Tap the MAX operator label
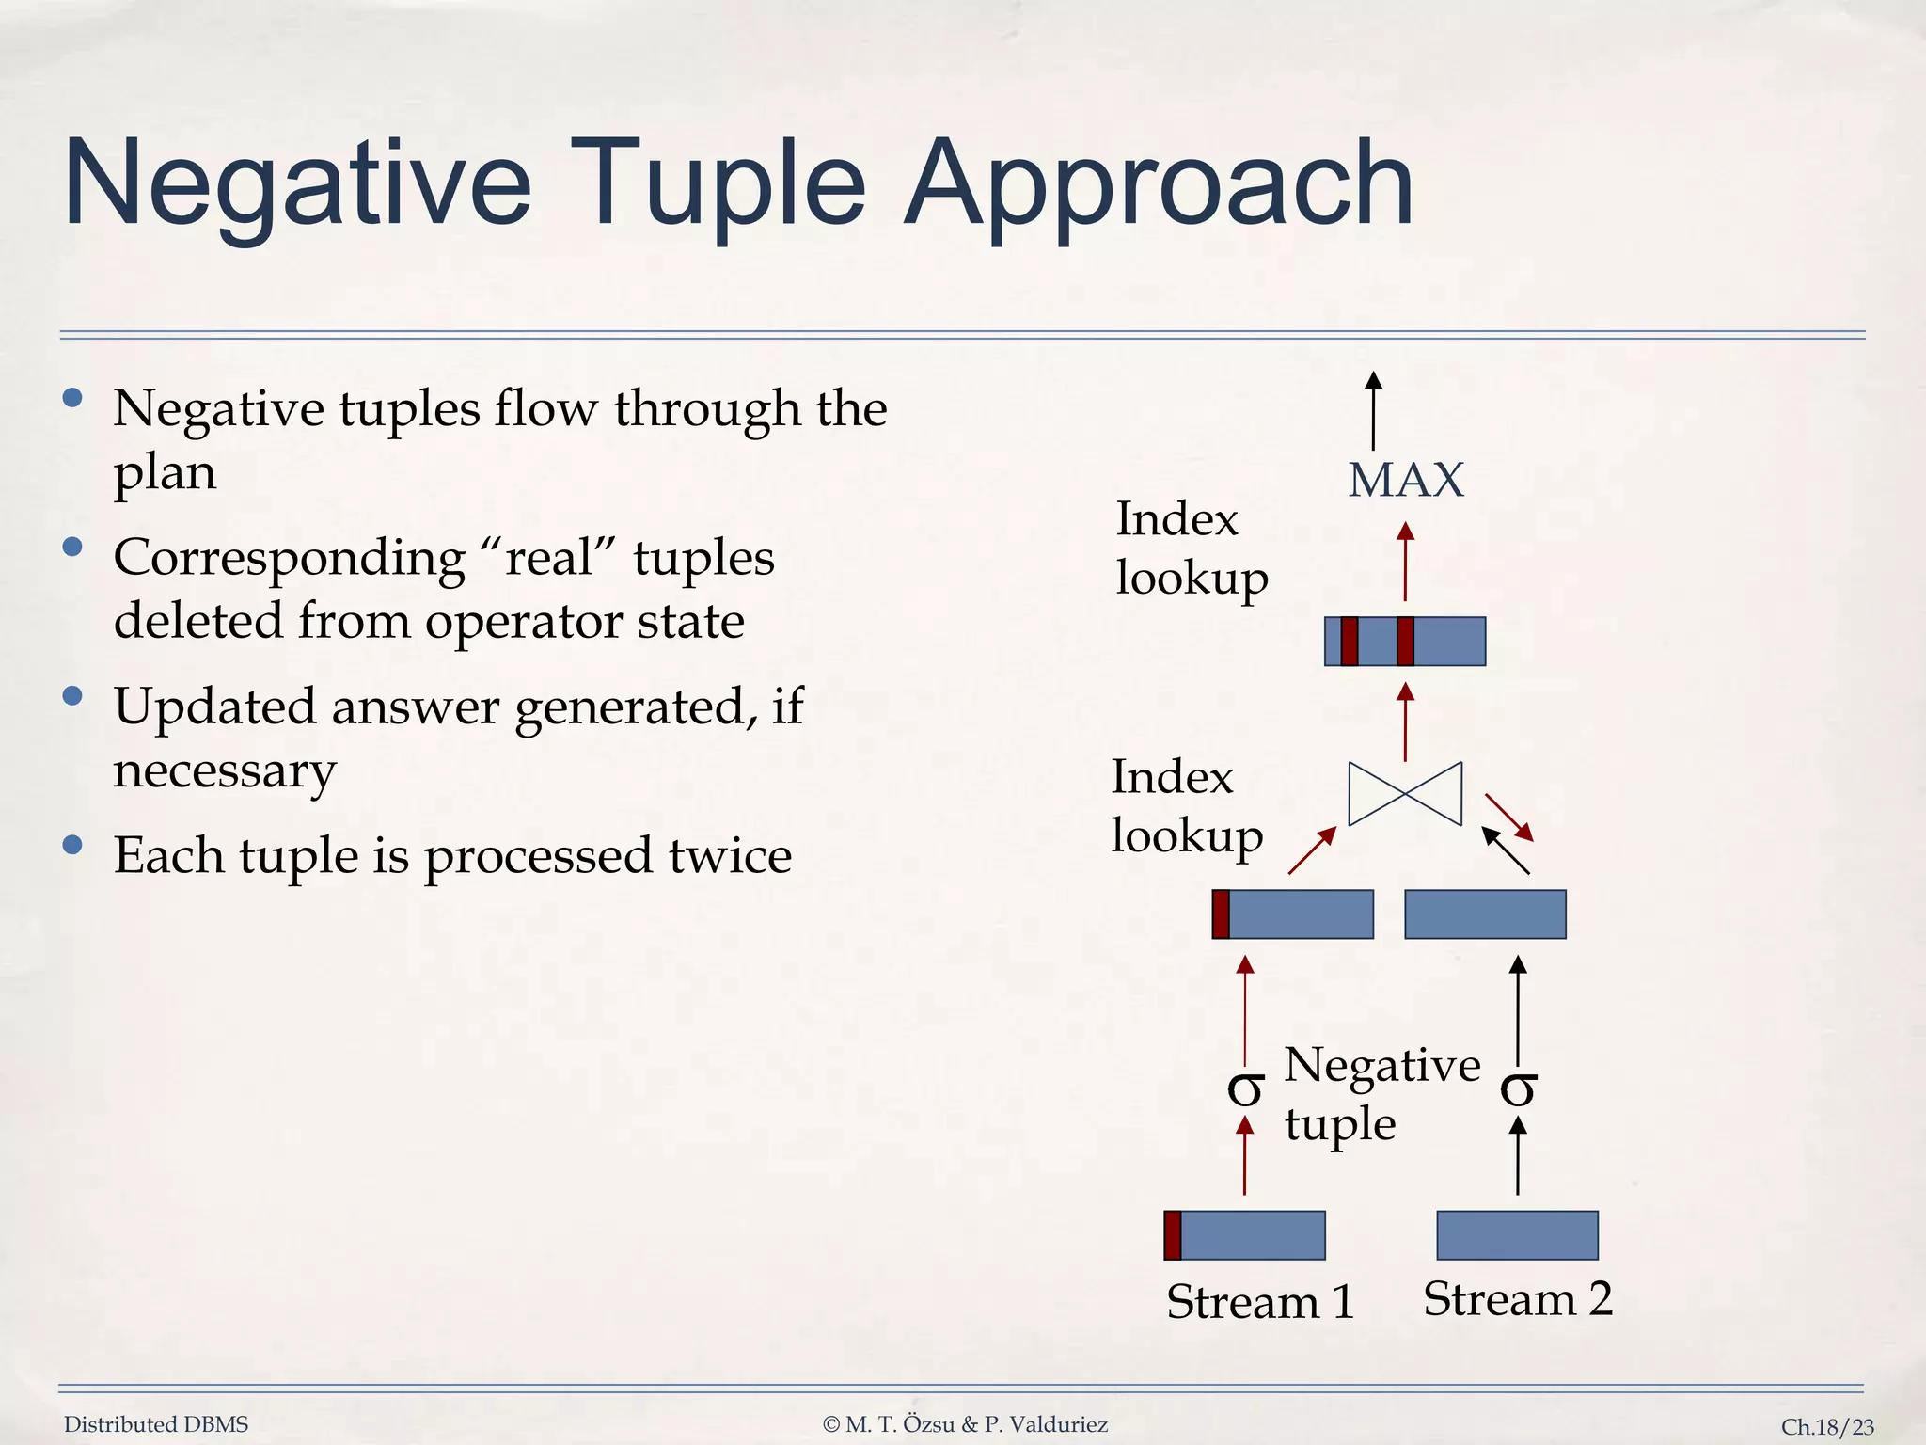1405,481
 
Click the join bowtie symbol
1405,794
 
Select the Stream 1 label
1259,1302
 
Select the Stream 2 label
1517,1299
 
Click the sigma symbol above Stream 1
1245,1089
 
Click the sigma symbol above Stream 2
1518,1089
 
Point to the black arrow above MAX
1373,410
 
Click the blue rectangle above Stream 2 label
1517,1235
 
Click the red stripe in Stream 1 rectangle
1172,1235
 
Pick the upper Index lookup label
1191,548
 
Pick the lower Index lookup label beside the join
1186,806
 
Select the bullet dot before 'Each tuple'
72,844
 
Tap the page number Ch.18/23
1827,1427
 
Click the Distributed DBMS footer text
156,1424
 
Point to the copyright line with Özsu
965,1424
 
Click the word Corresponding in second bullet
289,559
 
